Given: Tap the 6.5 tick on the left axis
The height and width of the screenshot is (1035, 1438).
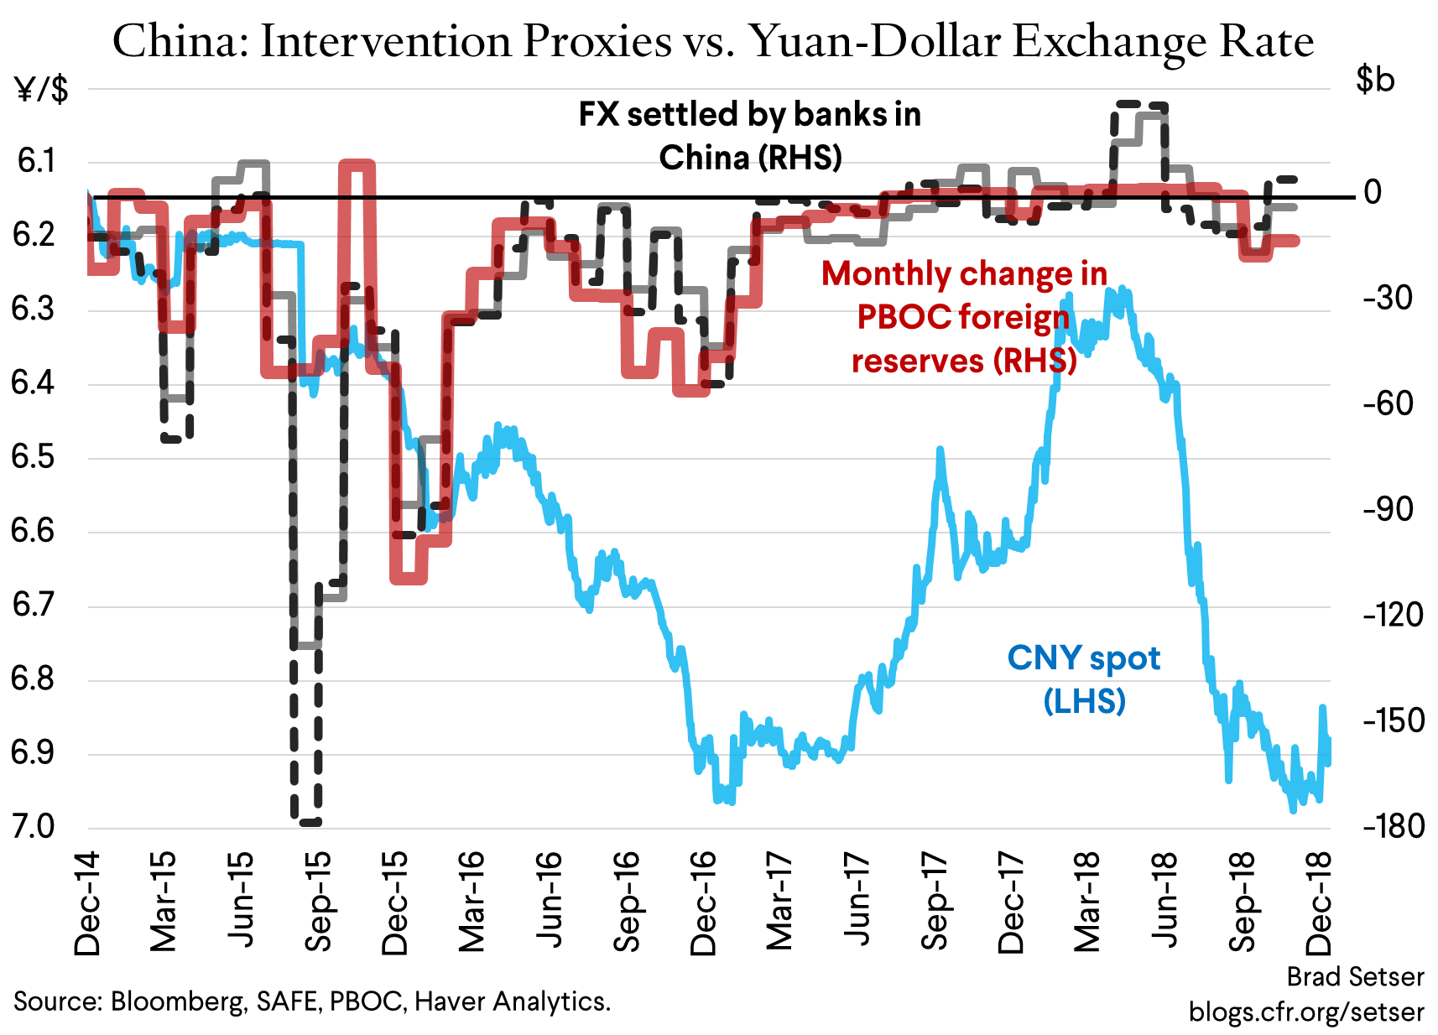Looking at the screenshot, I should click(33, 457).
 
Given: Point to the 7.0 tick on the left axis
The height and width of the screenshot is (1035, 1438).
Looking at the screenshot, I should click(33, 827).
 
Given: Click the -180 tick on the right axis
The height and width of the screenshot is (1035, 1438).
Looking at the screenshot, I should click(1393, 827).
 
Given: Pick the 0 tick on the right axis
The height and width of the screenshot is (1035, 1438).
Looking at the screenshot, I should click(1373, 193).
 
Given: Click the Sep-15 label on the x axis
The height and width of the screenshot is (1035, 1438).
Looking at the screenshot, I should click(319, 902).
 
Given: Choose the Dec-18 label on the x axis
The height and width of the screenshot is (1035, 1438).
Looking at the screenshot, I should click(1319, 902).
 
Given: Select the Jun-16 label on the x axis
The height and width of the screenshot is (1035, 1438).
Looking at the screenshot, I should click(550, 902).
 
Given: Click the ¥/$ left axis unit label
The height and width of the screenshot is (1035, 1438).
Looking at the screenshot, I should click(42, 89).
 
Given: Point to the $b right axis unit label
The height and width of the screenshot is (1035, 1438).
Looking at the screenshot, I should click(1375, 80).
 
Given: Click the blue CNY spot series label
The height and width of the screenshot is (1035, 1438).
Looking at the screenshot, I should click(1083, 659).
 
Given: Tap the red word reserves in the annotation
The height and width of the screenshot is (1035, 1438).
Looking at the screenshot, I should click(917, 361).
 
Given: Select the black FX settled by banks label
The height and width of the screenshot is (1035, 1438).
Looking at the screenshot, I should click(749, 115).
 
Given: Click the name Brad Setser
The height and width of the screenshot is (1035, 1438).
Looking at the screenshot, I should click(1355, 977).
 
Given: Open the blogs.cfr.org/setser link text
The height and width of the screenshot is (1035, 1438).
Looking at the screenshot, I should click(1305, 1012).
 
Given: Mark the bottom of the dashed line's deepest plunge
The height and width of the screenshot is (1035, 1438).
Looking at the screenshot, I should click(306, 822).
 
